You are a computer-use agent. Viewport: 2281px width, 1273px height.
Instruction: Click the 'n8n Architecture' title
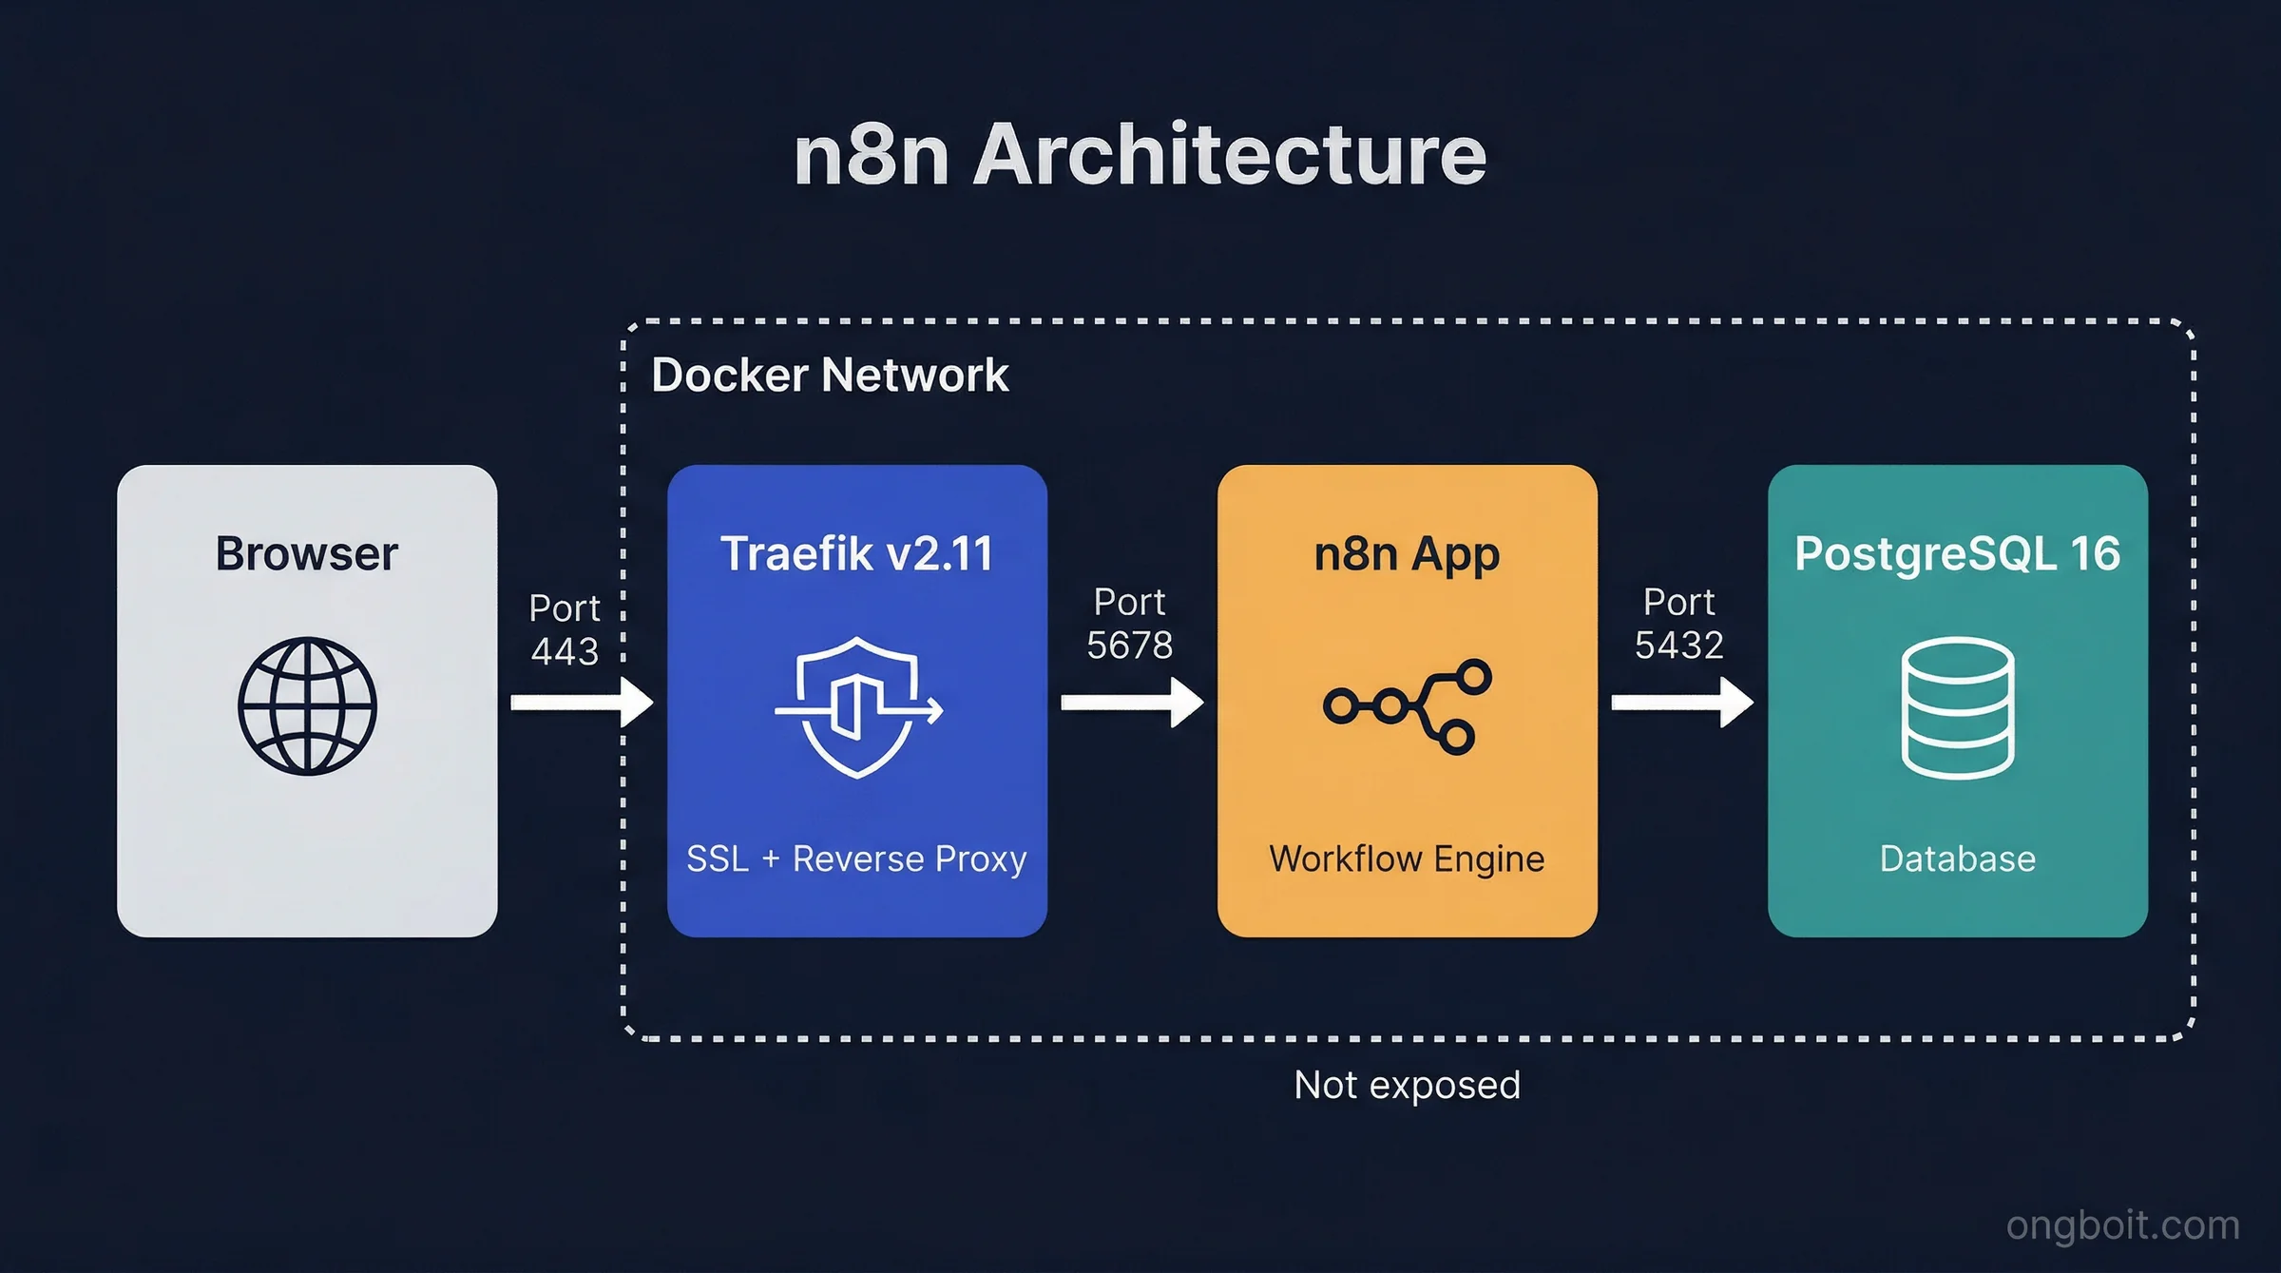coord(1140,154)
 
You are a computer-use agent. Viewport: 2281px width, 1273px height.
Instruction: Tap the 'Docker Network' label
coord(829,375)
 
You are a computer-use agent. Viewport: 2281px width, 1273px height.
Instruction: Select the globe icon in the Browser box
coord(307,705)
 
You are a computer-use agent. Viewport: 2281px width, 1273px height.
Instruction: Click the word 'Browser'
coord(306,553)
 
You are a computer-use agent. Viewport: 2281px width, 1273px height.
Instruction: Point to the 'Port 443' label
coord(565,629)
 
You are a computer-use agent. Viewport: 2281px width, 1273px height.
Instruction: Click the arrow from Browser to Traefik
coord(581,703)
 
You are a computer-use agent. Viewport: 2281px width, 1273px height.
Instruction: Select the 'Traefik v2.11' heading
coord(856,553)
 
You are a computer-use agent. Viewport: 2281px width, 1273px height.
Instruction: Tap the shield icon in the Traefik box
coord(857,707)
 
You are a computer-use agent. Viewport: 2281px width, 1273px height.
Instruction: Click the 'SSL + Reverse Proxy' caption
coord(856,858)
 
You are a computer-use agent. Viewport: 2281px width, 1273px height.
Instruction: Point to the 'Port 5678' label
coord(1129,624)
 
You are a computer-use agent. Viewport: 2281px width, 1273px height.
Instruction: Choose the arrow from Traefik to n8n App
coord(1131,703)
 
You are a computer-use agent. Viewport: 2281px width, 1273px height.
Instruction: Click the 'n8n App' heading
coord(1407,553)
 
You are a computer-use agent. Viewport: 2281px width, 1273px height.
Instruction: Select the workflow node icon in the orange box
coord(1408,706)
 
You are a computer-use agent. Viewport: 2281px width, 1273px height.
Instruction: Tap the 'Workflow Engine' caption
coord(1407,858)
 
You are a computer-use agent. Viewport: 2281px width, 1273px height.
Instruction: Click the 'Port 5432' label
coord(1678,624)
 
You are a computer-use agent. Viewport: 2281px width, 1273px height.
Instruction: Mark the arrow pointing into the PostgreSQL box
coord(1681,703)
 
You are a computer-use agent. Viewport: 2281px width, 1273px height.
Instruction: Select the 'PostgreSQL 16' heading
coord(1957,553)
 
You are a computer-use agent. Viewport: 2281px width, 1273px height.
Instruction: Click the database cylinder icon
coord(1957,707)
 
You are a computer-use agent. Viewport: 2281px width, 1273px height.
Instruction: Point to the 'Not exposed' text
coord(1407,1085)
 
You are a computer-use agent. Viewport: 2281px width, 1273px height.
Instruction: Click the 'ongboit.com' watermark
coord(2122,1225)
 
